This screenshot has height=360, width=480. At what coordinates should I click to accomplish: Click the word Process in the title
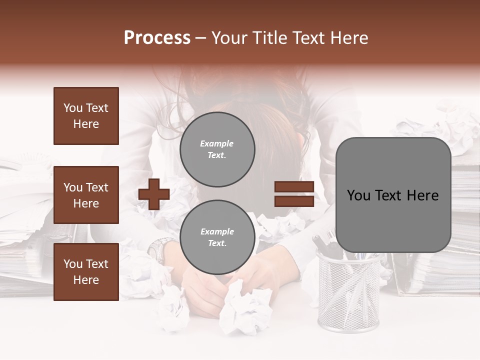coord(157,38)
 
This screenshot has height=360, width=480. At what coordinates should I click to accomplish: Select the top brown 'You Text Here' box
coord(86,116)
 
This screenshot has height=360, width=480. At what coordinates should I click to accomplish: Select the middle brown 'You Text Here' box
coord(86,195)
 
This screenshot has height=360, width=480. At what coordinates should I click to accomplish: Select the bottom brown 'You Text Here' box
coord(86,271)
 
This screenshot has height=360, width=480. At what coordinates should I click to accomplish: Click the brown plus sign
coord(154,194)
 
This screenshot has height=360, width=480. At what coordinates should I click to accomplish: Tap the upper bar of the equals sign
coord(294,187)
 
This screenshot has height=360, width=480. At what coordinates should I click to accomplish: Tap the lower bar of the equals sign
coord(294,201)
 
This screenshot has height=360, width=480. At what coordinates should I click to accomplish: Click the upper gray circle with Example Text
coord(217,149)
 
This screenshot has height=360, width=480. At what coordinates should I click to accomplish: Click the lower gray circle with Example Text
coord(217,237)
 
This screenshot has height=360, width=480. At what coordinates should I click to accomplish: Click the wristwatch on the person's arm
coord(161,248)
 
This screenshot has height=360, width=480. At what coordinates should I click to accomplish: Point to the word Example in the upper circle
coord(216,143)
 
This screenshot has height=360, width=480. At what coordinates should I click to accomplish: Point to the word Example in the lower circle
coord(217,231)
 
